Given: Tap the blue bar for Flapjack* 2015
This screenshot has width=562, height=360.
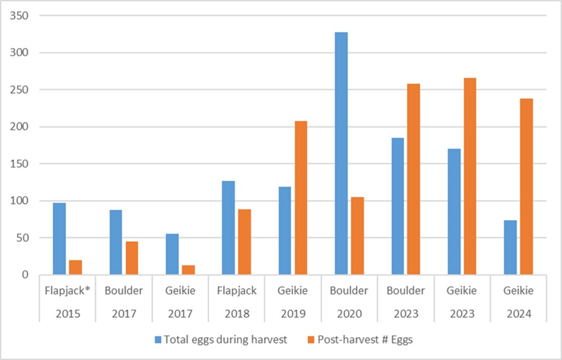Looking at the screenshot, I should coord(59,239).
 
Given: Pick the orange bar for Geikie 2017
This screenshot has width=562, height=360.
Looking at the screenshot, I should coord(188,270).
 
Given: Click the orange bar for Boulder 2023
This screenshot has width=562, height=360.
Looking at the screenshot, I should coord(413,179).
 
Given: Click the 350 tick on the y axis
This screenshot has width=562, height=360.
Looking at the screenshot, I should coord(20,16).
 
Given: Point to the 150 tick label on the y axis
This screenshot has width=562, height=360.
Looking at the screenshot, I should coord(20,164).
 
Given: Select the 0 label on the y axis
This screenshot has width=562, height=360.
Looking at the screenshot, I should coord(25,275).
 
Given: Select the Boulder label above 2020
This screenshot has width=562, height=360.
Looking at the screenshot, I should coord(348,291).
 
